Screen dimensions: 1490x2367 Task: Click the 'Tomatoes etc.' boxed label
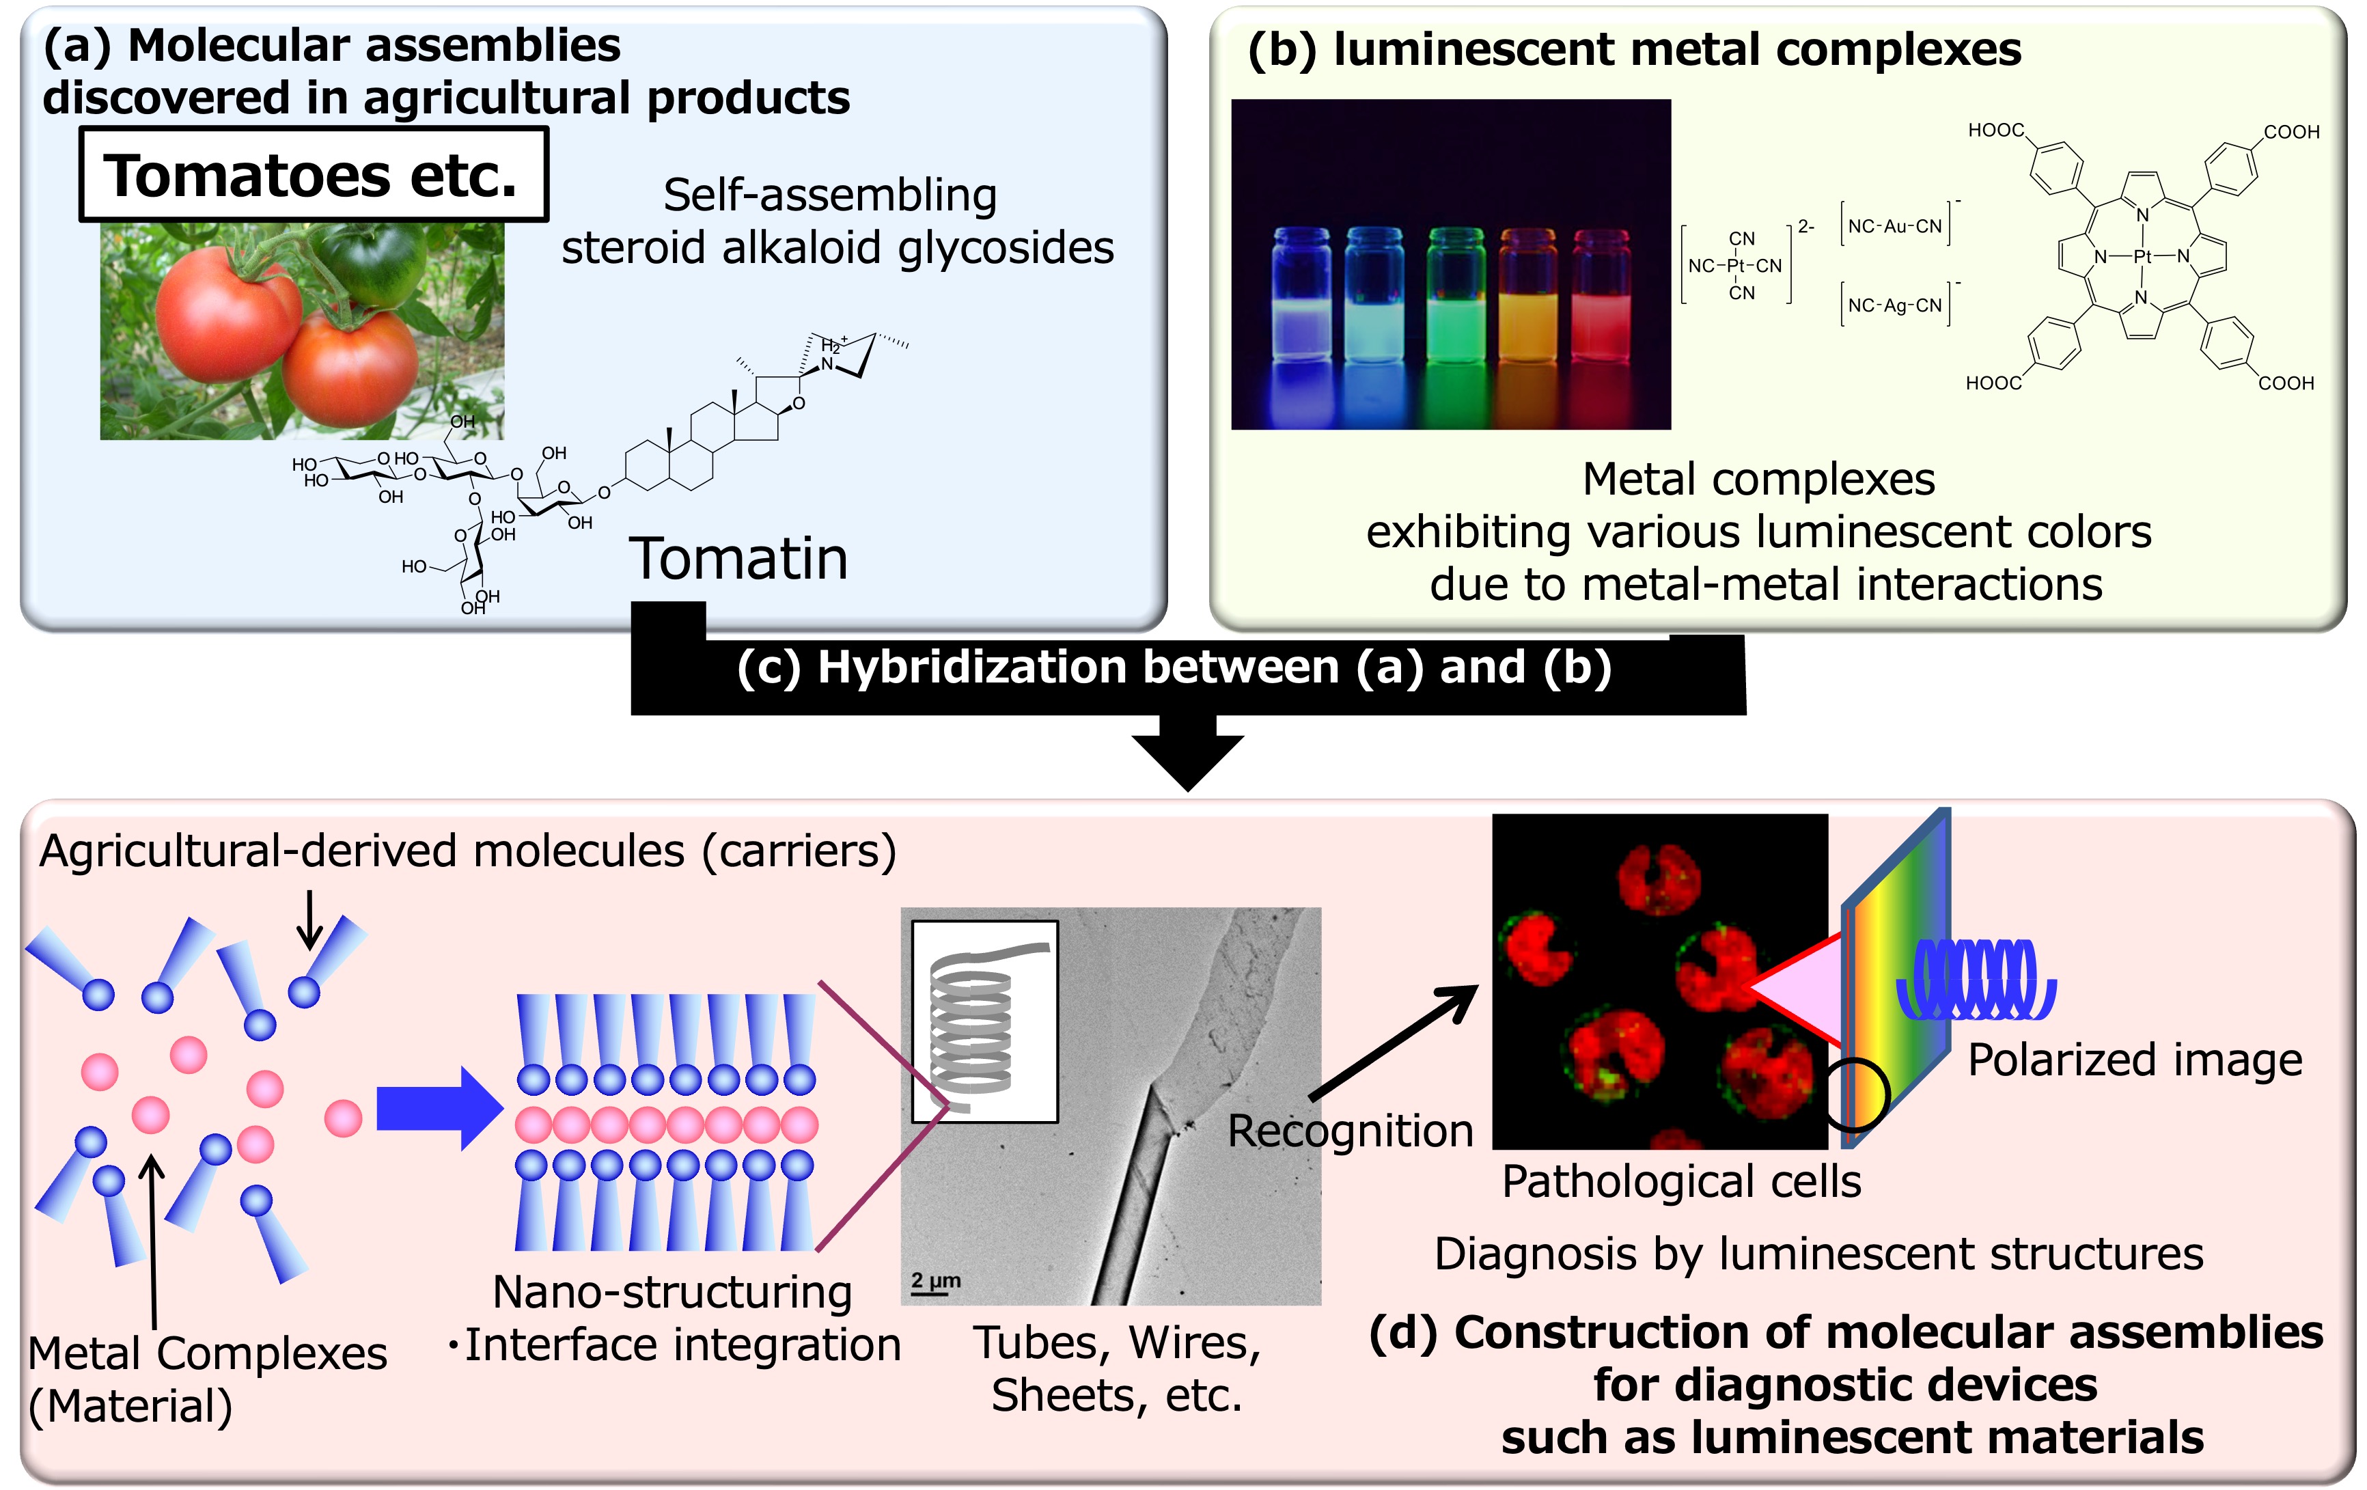click(x=313, y=175)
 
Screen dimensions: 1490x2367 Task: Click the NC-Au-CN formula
click(x=1894, y=226)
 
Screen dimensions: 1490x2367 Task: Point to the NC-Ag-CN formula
click(x=1894, y=305)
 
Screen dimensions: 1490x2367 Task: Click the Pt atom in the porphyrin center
click(x=2143, y=256)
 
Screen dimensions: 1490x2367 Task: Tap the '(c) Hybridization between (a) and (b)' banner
click(x=1175, y=667)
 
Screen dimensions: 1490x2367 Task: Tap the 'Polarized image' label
click(x=2134, y=1060)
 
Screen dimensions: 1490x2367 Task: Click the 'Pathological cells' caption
click(x=1681, y=1181)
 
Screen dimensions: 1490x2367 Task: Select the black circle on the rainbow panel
click(x=1857, y=1094)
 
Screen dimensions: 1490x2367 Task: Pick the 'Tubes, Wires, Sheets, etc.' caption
click(x=1117, y=1368)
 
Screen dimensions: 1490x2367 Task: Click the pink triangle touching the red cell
click(x=1799, y=988)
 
